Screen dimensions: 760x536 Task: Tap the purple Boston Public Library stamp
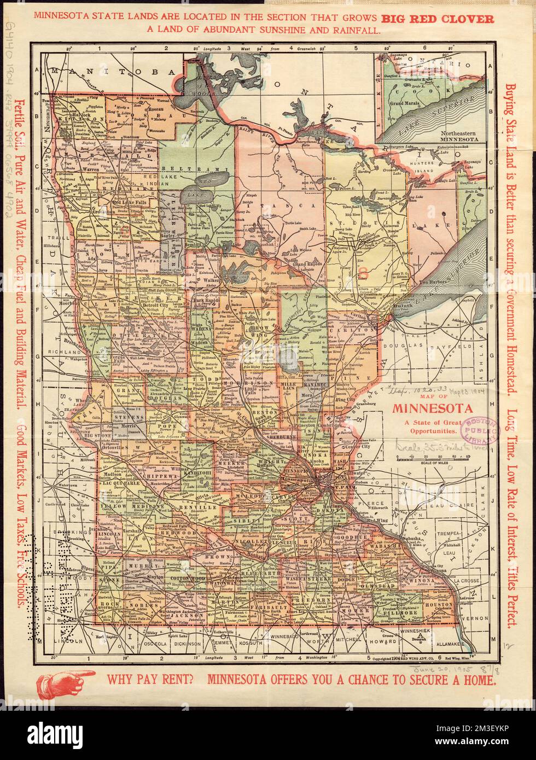coord(481,430)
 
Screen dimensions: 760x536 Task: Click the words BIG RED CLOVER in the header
coord(445,19)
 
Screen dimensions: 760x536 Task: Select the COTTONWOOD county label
coord(188,578)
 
